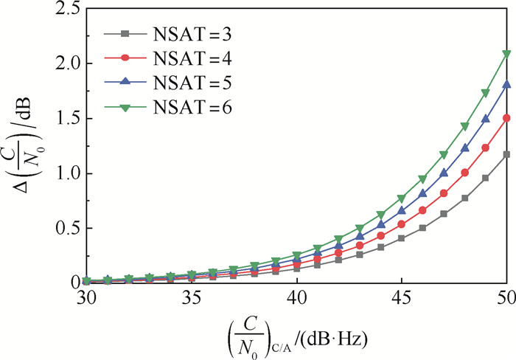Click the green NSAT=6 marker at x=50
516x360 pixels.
(506, 54)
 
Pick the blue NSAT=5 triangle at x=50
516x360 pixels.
(506, 85)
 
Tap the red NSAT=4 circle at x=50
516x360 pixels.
(506, 117)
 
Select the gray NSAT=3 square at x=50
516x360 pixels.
(506, 154)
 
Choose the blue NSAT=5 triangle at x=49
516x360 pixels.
(485, 119)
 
